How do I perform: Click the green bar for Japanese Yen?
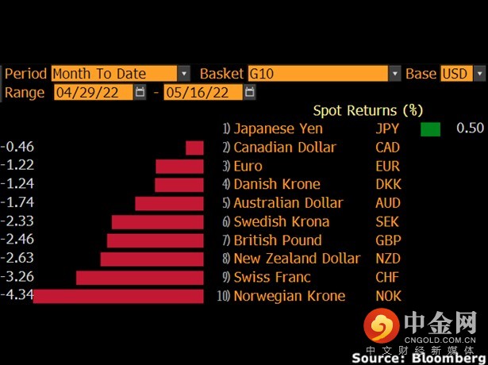click(430, 129)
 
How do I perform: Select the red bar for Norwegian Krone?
click(119, 296)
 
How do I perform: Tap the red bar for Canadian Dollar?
click(195, 148)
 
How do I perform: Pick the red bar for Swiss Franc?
click(140, 278)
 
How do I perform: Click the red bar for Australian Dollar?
click(170, 203)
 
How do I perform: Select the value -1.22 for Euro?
click(17, 166)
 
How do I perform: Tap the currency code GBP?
click(388, 240)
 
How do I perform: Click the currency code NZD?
click(388, 259)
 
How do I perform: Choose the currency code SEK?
click(388, 221)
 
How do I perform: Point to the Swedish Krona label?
click(281, 221)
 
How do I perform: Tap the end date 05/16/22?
click(202, 92)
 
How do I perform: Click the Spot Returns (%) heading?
click(367, 109)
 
